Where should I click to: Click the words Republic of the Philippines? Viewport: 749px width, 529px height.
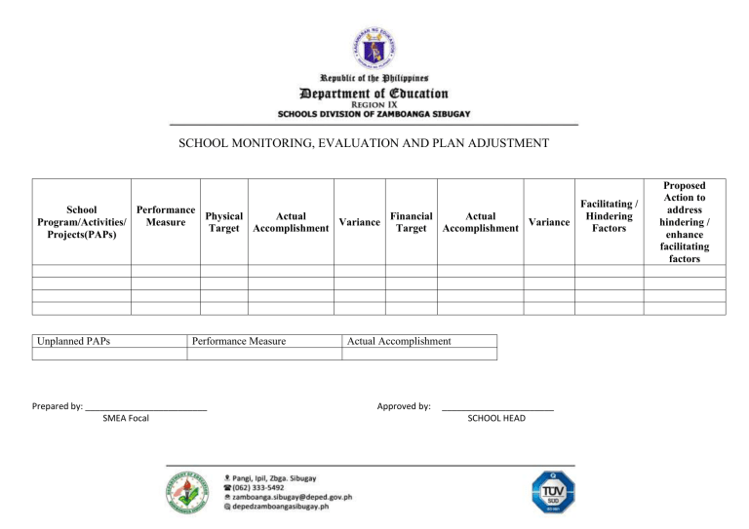(x=374, y=78)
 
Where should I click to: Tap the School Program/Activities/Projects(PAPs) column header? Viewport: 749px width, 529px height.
(x=82, y=222)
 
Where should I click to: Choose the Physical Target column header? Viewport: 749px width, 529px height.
(x=223, y=222)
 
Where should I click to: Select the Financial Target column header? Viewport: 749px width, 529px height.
(x=411, y=222)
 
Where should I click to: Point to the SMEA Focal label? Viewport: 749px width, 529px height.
(x=126, y=419)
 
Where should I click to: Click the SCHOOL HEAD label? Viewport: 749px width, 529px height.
(x=496, y=418)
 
